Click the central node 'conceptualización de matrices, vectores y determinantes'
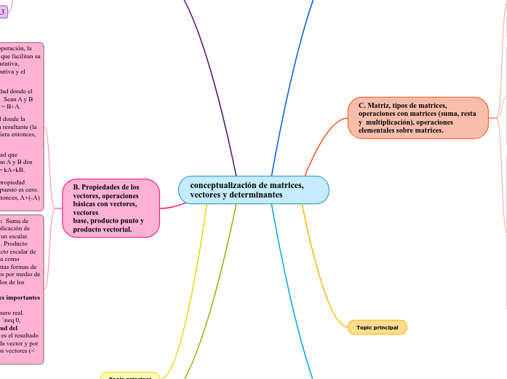(253, 190)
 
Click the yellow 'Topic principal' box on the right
(378, 327)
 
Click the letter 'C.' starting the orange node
(362, 106)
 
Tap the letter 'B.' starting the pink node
(76, 187)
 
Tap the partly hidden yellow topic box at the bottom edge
(129, 376)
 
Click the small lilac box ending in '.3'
(4, 12)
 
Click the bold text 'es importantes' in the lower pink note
(20, 297)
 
